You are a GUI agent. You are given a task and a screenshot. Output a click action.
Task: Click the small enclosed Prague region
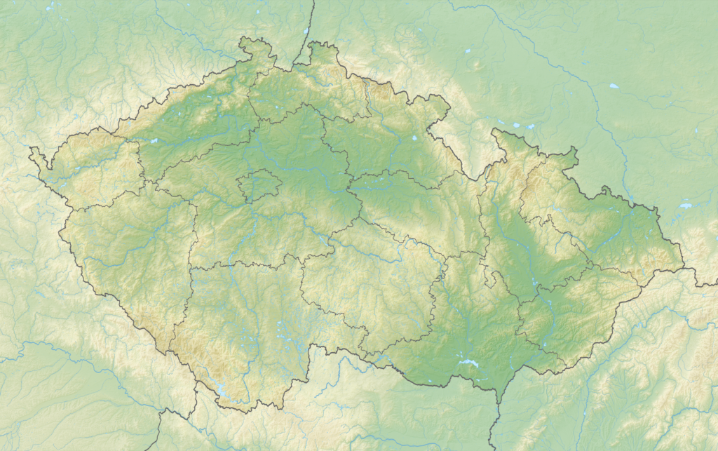tap(259, 186)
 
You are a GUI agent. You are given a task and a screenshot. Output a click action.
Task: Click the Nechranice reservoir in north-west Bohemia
tap(153, 141)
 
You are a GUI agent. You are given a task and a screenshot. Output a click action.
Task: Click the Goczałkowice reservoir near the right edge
tap(685, 206)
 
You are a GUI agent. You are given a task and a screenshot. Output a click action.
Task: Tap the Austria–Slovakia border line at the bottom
tap(494, 428)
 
